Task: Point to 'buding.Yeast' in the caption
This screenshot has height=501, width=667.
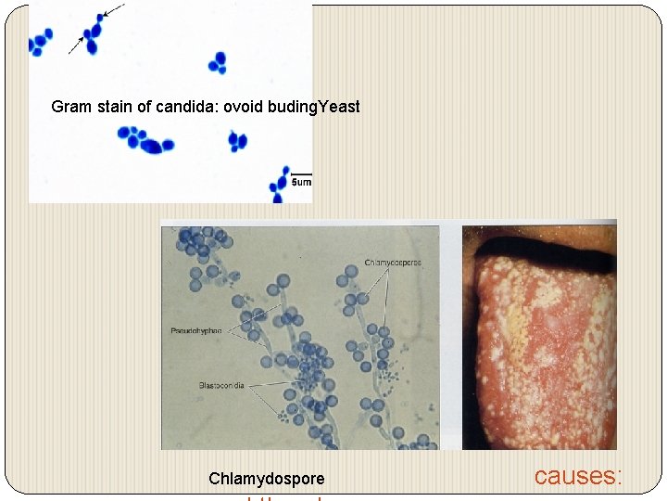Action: tap(313, 107)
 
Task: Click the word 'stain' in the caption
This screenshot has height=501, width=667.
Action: tap(114, 107)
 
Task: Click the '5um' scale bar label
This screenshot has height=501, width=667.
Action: tap(301, 184)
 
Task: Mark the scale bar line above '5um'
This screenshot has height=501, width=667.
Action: tap(301, 174)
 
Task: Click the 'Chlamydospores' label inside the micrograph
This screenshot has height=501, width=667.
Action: tap(392, 263)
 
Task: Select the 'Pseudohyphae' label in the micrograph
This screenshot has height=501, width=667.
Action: tap(195, 329)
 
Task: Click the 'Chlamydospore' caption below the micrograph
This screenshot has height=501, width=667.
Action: tap(267, 479)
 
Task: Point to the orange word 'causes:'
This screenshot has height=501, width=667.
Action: tap(578, 476)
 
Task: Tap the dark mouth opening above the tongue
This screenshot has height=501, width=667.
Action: tap(537, 238)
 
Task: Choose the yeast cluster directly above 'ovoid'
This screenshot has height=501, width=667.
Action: tap(219, 62)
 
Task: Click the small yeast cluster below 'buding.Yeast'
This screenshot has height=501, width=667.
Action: tap(238, 141)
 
